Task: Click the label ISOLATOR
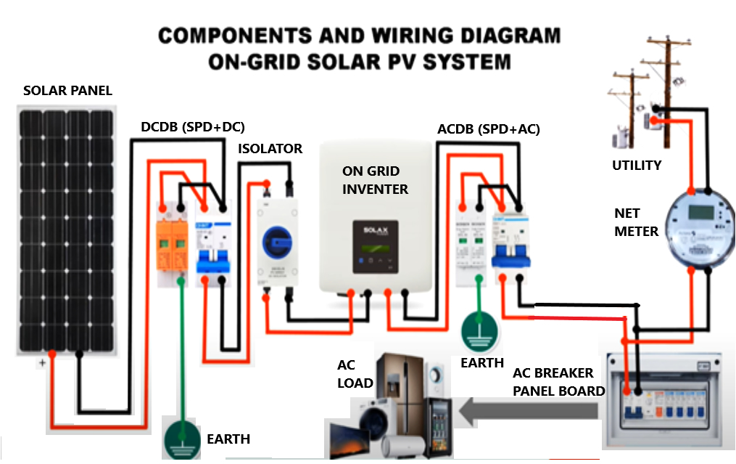tap(270, 149)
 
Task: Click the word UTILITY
tap(637, 166)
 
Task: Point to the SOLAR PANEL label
tap(67, 91)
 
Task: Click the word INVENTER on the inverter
tap(375, 190)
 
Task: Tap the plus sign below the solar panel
tap(42, 362)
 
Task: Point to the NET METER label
tap(636, 223)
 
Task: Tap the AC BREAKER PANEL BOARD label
tap(558, 382)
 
